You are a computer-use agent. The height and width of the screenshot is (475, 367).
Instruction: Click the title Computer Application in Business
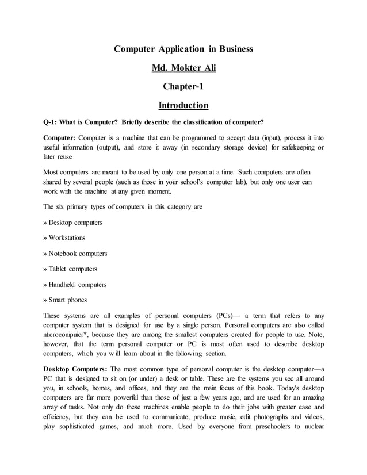point(183,49)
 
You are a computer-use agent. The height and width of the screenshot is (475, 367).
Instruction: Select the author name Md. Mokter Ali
point(183,68)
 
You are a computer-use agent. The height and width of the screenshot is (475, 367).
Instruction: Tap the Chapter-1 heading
point(183,87)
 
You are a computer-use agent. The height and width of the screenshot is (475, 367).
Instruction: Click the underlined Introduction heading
point(183,105)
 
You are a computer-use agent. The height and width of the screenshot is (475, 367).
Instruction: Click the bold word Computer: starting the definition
point(60,138)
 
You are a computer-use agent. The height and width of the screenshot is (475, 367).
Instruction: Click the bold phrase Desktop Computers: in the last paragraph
point(75,369)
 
